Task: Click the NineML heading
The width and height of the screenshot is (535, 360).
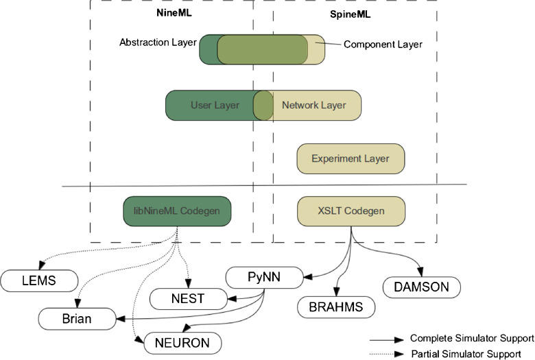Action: (x=174, y=12)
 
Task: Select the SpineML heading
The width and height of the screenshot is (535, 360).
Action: (x=350, y=14)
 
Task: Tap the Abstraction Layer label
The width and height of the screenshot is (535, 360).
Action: (x=158, y=43)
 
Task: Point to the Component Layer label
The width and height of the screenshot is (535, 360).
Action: (x=383, y=45)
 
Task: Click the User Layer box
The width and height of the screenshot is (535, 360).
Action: (x=214, y=105)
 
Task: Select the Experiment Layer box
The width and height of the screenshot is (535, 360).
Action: (x=350, y=158)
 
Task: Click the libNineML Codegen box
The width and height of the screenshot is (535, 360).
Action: (x=177, y=211)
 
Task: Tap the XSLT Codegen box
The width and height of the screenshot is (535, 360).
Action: (x=351, y=211)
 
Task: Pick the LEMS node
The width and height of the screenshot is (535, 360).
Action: (x=39, y=281)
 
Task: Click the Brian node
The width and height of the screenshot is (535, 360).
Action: (x=77, y=319)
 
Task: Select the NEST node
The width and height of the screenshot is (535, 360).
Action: (x=189, y=299)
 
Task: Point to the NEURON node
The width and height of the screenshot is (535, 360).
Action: (x=182, y=343)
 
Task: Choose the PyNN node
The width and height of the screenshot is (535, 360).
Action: (x=265, y=278)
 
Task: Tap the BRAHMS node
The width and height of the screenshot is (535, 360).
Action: (x=336, y=307)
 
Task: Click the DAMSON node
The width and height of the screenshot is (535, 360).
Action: (x=422, y=287)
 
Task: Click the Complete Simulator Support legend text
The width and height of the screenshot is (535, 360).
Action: (x=472, y=338)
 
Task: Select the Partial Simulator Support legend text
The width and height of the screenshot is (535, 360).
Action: (x=466, y=355)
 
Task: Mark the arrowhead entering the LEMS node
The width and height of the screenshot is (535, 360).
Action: (x=42, y=265)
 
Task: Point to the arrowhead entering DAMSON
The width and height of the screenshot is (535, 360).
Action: (x=420, y=272)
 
